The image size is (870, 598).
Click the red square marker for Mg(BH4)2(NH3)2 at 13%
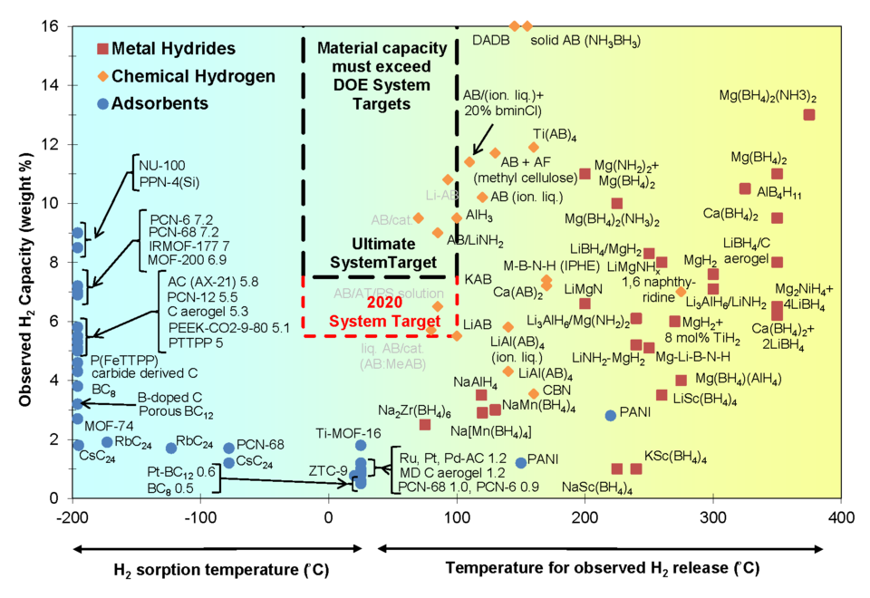pos(809,114)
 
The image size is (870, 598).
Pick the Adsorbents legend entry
pos(159,103)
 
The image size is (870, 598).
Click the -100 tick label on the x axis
pos(200,516)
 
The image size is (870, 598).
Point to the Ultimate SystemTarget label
pos(372,254)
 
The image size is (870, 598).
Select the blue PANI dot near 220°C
pos(611,415)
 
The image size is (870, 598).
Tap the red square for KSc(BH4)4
pos(636,468)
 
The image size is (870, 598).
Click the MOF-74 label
pos(109,426)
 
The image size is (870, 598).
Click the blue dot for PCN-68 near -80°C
pos(229,448)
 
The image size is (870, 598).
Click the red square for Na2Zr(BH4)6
pos(425,424)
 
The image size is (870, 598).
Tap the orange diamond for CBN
pos(534,393)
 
